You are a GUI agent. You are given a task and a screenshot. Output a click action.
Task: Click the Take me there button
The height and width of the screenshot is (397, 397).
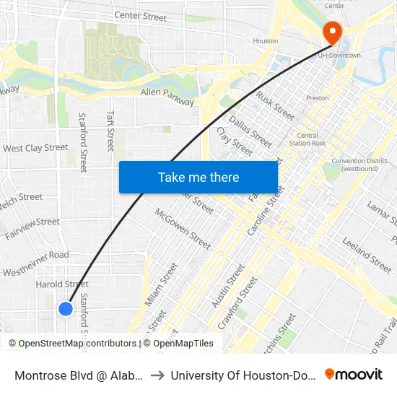[198, 177]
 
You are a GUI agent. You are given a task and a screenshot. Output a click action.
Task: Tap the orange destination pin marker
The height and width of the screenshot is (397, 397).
[332, 31]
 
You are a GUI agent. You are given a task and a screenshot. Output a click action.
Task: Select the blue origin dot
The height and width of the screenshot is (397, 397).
[66, 309]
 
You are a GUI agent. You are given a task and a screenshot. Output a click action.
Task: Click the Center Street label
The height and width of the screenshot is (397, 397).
[140, 16]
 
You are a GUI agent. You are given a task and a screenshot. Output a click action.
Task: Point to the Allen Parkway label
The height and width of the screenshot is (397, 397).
[167, 97]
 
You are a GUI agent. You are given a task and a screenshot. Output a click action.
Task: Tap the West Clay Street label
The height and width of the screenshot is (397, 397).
[35, 148]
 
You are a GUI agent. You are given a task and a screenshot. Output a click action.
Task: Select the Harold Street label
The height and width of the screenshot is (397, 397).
[62, 284]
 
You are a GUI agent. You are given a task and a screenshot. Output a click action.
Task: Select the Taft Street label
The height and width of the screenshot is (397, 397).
[110, 131]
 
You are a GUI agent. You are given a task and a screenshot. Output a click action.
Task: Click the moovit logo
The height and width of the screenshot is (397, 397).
[354, 374]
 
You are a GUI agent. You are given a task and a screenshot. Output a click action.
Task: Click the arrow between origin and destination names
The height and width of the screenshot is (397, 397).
[156, 374]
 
